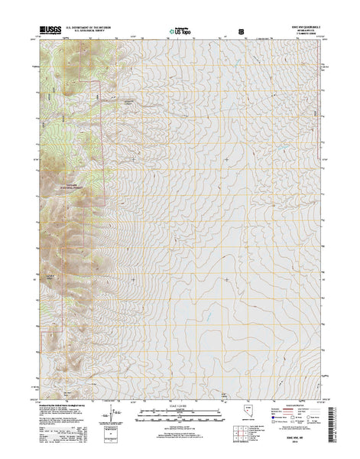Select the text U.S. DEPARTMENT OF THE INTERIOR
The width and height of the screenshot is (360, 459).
pyautogui.click(x=89, y=28)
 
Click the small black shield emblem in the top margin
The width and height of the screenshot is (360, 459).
pyautogui.click(x=242, y=33)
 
